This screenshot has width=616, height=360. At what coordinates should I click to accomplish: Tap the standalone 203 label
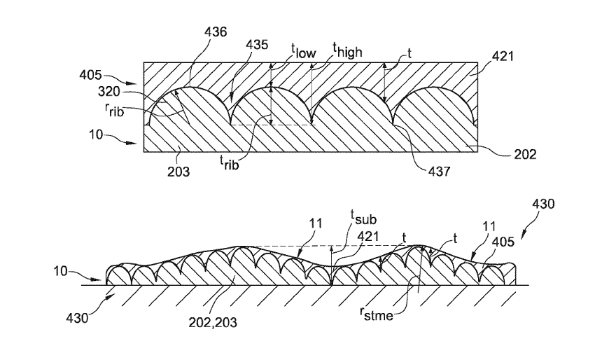178,169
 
